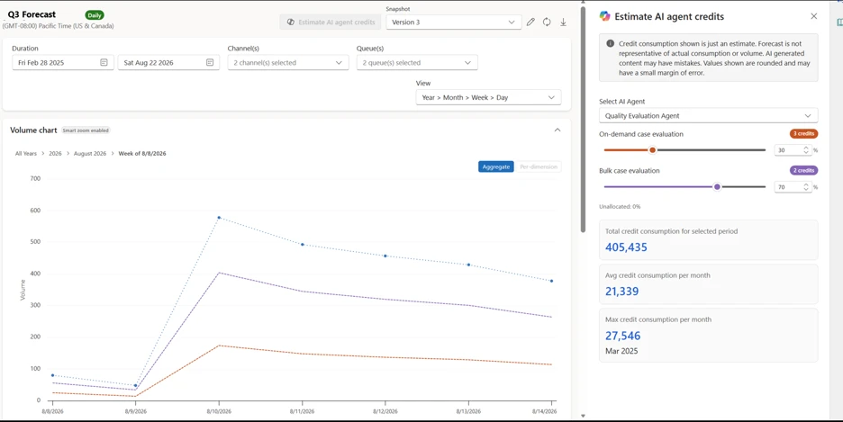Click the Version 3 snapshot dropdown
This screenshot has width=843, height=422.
point(453,22)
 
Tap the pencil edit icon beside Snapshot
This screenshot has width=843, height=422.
point(530,22)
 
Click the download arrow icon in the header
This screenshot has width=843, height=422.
point(563,22)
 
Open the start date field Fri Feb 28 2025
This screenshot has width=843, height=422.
point(63,63)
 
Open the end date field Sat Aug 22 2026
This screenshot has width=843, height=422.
point(168,63)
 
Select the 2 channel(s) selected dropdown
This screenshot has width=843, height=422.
point(287,63)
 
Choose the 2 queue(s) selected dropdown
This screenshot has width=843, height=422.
point(417,63)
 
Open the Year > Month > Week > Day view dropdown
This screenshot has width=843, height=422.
point(488,98)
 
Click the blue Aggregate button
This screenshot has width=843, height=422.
point(495,167)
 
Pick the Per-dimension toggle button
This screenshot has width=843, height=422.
point(539,167)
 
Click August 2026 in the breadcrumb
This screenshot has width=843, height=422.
point(90,154)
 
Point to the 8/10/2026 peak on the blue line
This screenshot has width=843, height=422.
point(219,218)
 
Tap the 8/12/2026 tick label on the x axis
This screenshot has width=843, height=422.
point(385,411)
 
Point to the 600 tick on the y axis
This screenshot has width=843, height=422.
point(35,211)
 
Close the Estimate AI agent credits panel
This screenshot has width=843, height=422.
point(814,16)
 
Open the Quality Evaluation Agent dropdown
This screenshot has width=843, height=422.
point(708,115)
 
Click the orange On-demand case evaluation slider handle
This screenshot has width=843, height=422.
point(652,150)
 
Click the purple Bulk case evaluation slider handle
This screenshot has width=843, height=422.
point(717,187)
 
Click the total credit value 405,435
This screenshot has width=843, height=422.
point(626,247)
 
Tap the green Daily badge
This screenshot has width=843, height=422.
point(95,15)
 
